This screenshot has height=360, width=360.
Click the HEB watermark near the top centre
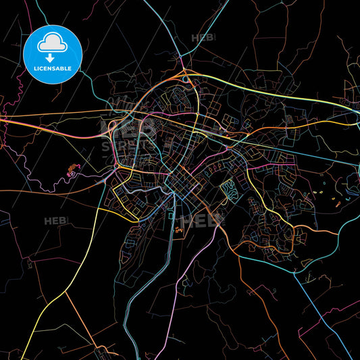click(203, 38)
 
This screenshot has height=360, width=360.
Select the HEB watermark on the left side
click(55, 221)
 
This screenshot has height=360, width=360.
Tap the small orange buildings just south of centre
click(179, 231)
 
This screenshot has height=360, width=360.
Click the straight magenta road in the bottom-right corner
click(341, 338)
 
